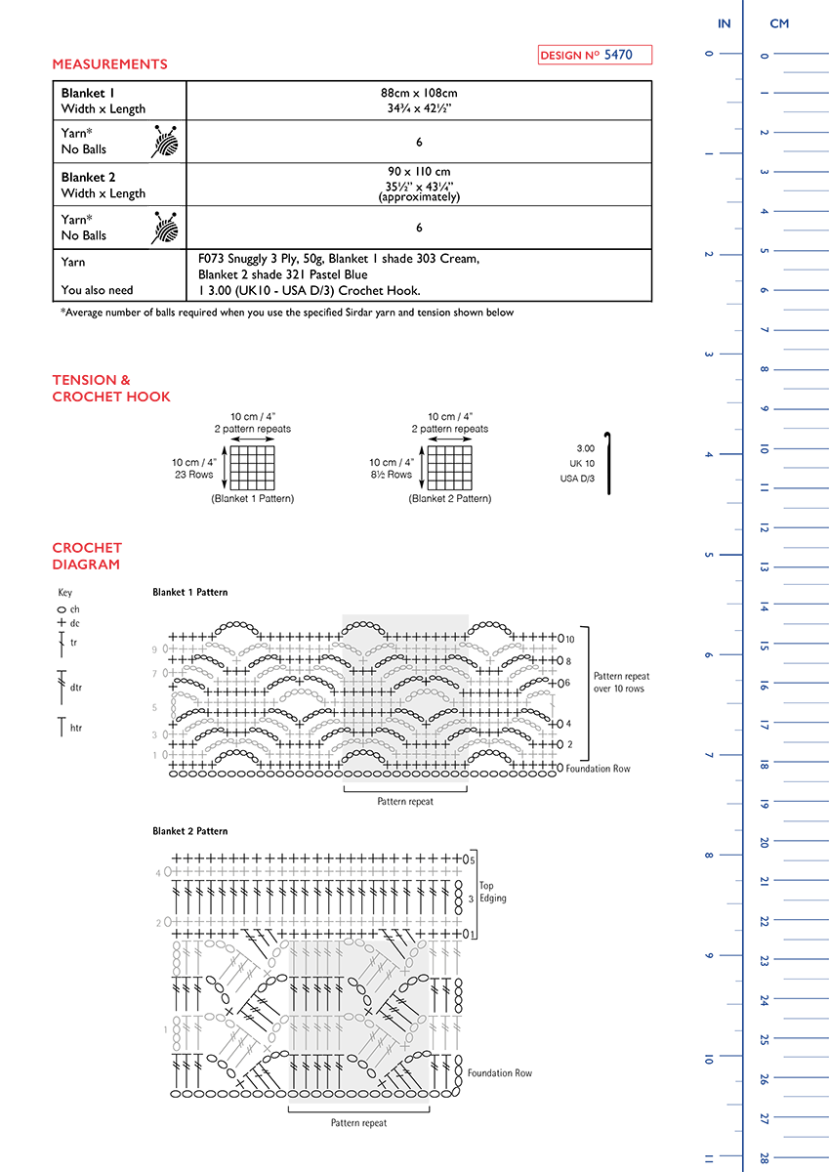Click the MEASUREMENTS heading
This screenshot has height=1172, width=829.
(109, 64)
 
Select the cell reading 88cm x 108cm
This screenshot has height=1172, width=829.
(419, 94)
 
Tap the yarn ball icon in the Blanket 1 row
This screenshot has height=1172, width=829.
(165, 142)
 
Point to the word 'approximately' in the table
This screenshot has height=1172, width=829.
(419, 197)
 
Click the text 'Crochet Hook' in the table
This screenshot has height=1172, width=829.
(384, 290)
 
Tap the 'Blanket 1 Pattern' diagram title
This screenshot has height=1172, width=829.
(189, 593)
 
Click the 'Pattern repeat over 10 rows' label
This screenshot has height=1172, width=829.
(621, 682)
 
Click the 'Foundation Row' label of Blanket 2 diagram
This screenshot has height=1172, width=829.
(499, 1073)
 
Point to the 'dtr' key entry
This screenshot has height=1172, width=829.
(75, 688)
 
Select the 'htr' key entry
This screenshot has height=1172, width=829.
(75, 728)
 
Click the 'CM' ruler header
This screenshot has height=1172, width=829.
(779, 22)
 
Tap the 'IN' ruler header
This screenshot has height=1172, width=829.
(724, 22)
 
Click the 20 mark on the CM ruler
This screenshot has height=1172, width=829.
(765, 842)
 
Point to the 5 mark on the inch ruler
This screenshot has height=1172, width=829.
(709, 555)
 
